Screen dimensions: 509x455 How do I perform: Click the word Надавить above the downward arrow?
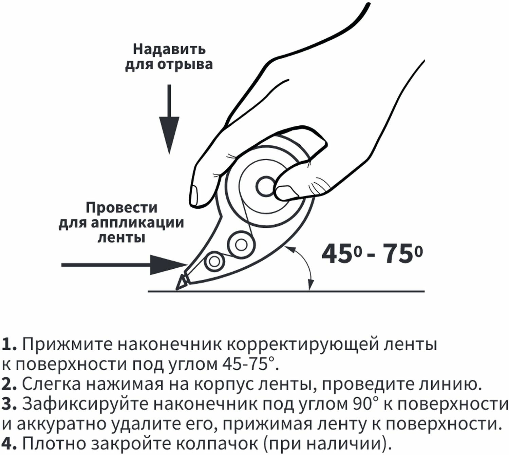[x=169, y=49]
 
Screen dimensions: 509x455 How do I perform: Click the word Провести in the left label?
[x=121, y=207]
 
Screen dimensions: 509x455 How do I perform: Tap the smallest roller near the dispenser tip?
[x=214, y=261]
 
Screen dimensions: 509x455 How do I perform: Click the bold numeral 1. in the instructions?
[x=9, y=345]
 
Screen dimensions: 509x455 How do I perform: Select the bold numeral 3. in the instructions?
[x=9, y=404]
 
